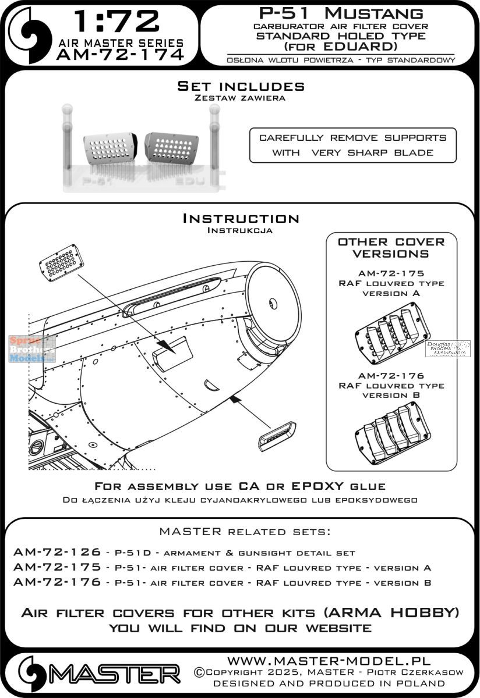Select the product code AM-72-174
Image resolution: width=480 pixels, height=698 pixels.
[x=120, y=55]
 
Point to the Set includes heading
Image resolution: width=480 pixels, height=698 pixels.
[x=241, y=86]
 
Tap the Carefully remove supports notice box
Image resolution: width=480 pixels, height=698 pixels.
[x=352, y=145]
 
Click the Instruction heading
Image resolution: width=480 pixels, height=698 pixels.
[x=241, y=219]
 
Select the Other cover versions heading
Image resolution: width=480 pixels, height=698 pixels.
[x=391, y=247]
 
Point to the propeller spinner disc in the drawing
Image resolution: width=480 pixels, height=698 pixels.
[x=273, y=294]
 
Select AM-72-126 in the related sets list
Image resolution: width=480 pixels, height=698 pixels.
[x=55, y=552]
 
